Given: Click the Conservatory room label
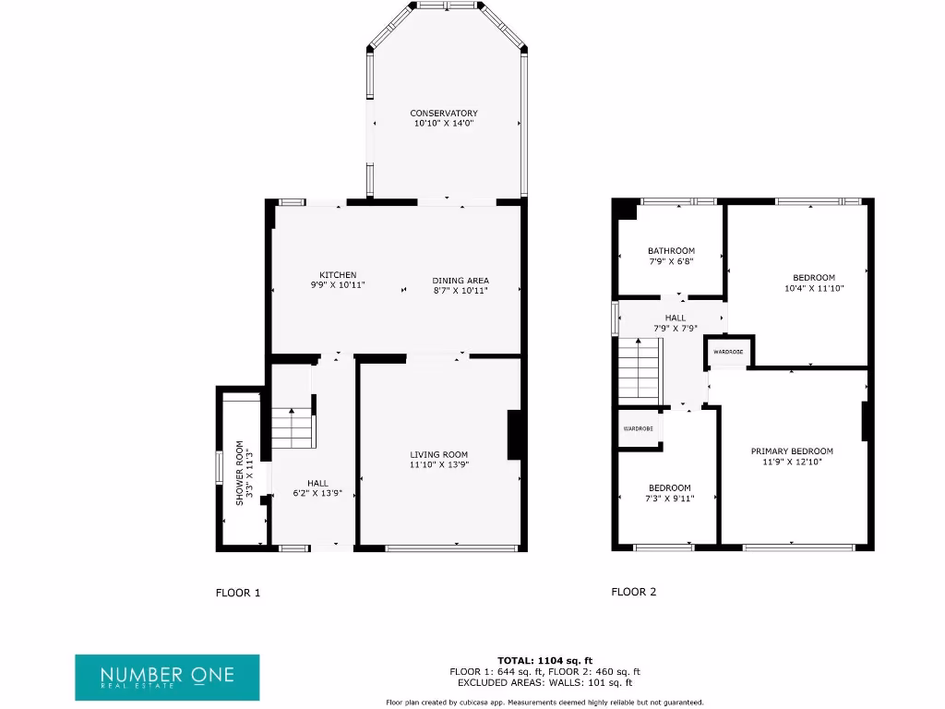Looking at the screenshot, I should (x=444, y=113).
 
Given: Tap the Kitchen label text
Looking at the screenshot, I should (x=338, y=275).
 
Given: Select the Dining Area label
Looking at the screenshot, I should (x=461, y=281).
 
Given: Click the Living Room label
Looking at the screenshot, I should (x=439, y=454).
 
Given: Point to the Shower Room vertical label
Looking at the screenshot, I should (x=239, y=472).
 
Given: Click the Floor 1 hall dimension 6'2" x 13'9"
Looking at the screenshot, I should (x=317, y=493).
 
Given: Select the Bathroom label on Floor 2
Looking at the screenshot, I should (x=671, y=251).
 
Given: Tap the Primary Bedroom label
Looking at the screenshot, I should (x=792, y=451).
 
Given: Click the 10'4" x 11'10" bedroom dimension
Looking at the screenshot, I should (x=814, y=288).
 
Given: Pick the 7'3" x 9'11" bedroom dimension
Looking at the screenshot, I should (x=669, y=499).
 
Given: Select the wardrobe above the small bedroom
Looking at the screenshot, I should (x=639, y=429).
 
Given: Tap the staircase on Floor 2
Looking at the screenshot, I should (x=640, y=370).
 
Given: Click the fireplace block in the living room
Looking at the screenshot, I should (x=515, y=435).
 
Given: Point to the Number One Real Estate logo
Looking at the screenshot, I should (x=167, y=677).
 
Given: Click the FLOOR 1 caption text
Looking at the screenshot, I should (x=238, y=593).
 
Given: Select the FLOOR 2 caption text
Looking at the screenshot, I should (x=634, y=592).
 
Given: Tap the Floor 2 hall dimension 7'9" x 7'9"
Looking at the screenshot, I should (x=676, y=328).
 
